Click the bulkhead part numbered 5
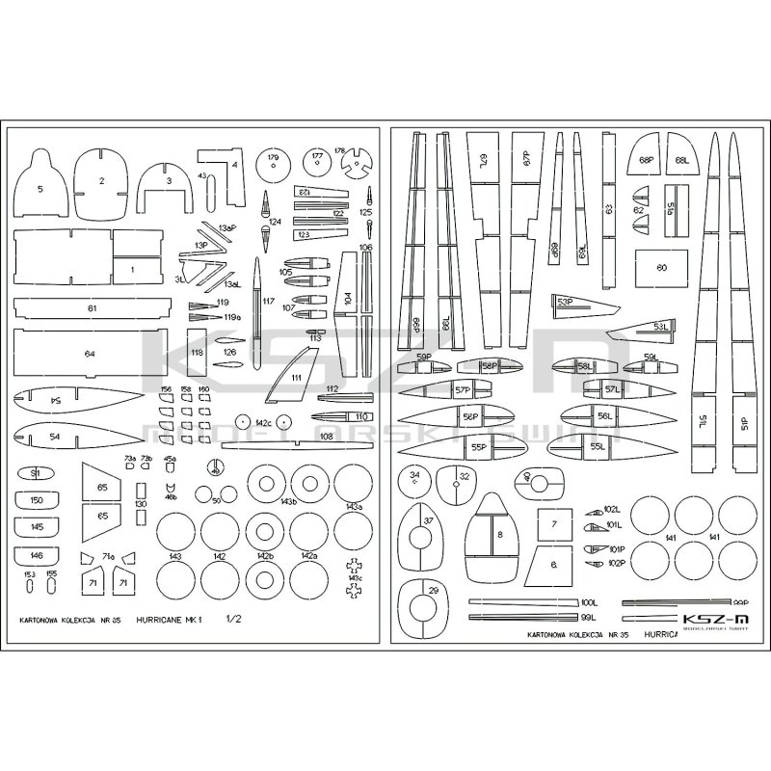point(40,183)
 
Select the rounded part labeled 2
point(101,180)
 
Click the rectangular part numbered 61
point(91,308)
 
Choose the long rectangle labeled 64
point(91,354)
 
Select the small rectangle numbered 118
point(197,354)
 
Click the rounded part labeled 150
point(37,502)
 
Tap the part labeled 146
point(37,556)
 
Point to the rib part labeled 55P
point(478,447)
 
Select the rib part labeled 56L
point(603,415)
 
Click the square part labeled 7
point(553,526)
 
